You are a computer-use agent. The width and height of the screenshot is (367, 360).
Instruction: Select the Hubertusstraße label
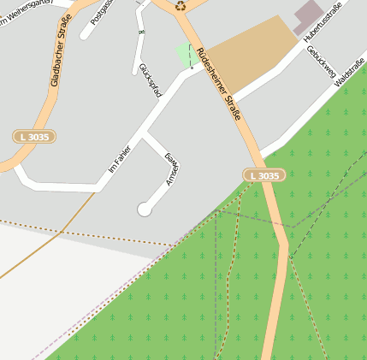(324, 22)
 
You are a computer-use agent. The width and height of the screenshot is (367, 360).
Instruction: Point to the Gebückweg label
(320, 62)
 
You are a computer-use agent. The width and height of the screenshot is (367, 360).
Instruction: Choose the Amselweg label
(170, 169)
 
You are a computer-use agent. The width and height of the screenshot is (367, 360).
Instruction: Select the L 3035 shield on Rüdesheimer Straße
(263, 175)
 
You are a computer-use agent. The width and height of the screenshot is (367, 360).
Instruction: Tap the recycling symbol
(181, 5)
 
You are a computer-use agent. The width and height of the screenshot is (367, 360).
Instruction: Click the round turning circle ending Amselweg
(145, 209)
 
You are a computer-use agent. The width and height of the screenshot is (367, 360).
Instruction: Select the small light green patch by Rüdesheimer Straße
(186, 54)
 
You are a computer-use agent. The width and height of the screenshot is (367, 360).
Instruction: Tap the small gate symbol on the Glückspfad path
(141, 32)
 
